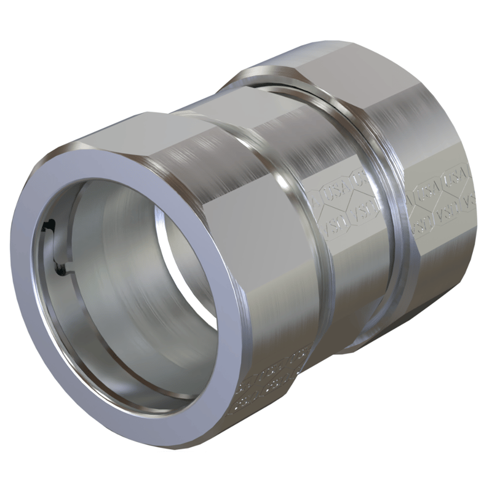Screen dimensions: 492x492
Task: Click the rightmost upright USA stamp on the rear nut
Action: [458, 178]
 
